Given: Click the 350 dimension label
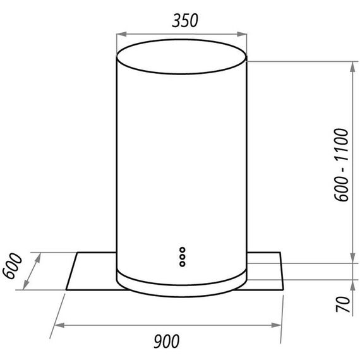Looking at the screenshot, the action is (185, 20).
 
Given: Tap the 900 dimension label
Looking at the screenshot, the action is (166, 341).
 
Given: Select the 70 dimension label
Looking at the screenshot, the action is (342, 304).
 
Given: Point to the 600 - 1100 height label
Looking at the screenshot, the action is (342, 165).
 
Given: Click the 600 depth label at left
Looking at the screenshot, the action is (12, 266).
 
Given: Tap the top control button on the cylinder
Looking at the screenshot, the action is (183, 249).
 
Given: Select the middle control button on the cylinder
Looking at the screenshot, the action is (183, 256).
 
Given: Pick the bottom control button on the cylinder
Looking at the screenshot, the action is (183, 264).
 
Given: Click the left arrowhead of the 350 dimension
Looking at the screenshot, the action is (122, 34).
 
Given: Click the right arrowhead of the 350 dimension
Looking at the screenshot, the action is (242, 34).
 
